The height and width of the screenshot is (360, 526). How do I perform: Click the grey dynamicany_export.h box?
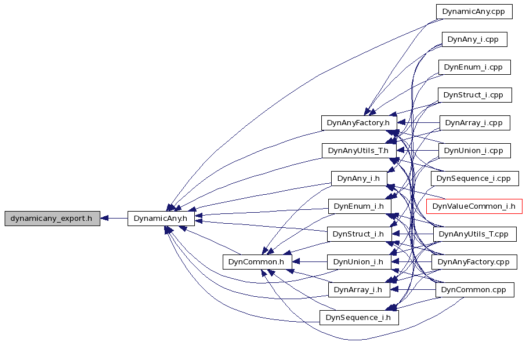52,219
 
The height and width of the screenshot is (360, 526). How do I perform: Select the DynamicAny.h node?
161,219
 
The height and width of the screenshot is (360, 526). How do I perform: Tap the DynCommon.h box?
257,262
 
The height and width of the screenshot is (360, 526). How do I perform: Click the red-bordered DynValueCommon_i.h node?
474,206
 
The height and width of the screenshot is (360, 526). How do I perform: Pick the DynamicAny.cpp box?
474,12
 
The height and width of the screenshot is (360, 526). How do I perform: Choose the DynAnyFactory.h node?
359,123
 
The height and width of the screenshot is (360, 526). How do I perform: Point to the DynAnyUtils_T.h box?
359,151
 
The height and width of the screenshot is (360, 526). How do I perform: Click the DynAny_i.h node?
359,179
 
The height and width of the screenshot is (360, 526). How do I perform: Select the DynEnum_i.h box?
360,206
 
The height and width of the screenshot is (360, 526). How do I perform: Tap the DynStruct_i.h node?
359,234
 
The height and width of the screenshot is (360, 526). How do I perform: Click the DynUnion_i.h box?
359,262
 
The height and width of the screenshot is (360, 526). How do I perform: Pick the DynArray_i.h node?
359,290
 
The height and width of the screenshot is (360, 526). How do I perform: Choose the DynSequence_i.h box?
359,318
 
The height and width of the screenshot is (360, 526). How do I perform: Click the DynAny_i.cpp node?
474,39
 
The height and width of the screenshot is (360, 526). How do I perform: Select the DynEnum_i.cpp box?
474,67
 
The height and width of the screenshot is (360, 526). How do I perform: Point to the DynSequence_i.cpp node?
474,179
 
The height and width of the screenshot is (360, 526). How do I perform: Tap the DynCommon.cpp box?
474,290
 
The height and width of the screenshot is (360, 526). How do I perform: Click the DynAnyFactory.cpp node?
474,262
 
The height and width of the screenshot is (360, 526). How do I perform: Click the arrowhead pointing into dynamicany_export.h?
104,219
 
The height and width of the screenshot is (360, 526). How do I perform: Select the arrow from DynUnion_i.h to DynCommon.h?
309,262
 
